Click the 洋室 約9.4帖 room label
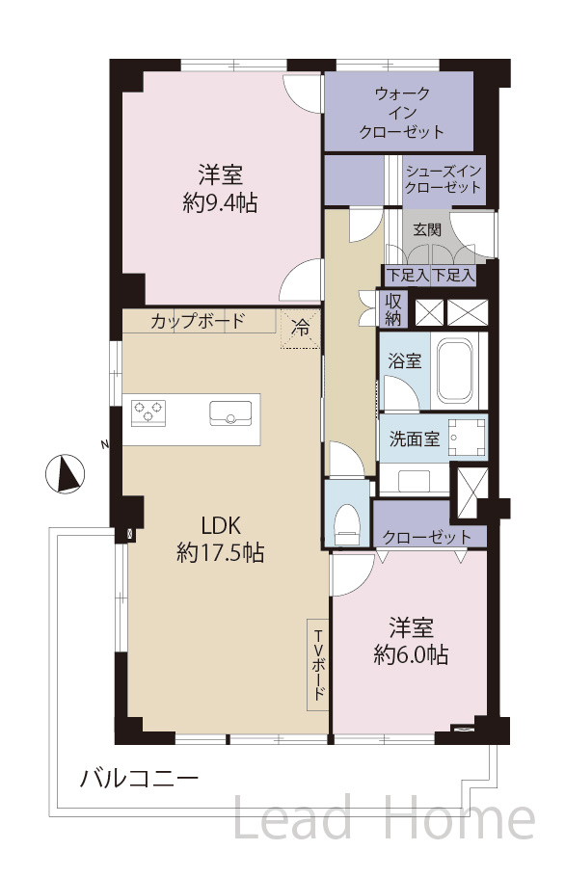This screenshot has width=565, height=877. click(221, 189)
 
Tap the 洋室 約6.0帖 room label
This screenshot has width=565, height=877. click(411, 641)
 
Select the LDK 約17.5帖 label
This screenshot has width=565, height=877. click(220, 539)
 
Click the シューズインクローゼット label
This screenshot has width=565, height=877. click(444, 178)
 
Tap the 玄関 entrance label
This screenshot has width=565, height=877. click(427, 229)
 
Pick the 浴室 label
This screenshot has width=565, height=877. click(404, 361)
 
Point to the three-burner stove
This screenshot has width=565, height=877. click(148, 412)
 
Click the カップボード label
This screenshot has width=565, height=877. click(198, 321)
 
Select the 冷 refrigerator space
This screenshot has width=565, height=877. click(301, 328)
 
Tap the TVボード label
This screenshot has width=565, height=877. click(318, 664)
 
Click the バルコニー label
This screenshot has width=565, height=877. click(139, 778)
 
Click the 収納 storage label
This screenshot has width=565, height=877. click(395, 310)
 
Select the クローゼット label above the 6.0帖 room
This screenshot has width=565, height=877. click(427, 537)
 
